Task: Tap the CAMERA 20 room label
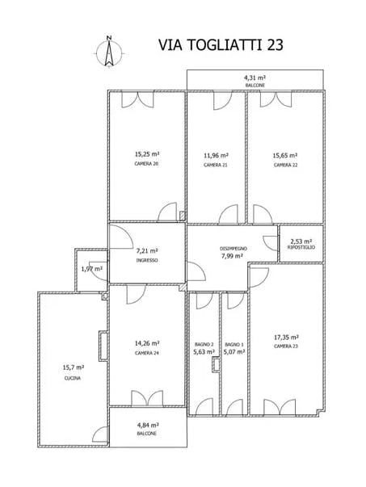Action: coord(146,165)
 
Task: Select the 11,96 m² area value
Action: coord(216,155)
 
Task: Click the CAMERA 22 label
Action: coord(285,165)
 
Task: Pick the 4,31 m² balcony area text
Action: coord(255,78)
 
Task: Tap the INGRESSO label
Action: coord(147,261)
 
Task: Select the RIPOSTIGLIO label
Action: coord(301,247)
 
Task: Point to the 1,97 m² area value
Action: coord(92,269)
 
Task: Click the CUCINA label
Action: coord(73,377)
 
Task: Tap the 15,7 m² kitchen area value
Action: coord(73,367)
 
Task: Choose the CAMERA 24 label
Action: coord(146,353)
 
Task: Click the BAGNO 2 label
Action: coord(204,344)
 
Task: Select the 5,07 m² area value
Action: coord(234,352)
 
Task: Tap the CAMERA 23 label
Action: coord(286,346)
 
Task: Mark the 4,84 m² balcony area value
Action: coord(146,425)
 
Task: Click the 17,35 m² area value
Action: coord(286,337)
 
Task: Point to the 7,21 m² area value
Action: coord(147,251)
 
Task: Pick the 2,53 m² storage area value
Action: coord(301,239)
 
